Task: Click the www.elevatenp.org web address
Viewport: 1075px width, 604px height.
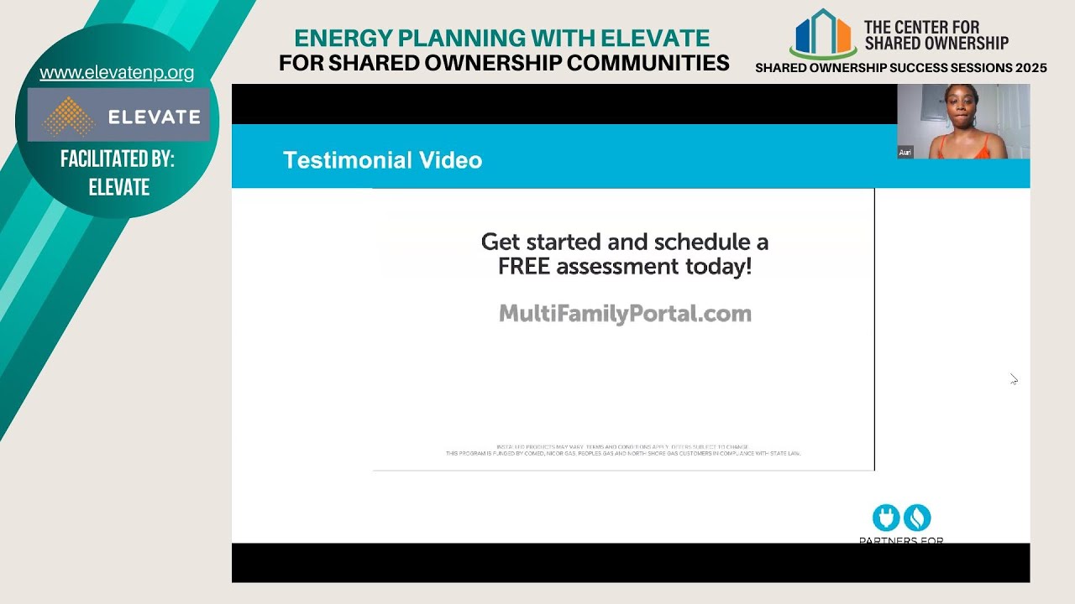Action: point(117,73)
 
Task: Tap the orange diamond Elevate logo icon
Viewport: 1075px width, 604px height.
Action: point(69,116)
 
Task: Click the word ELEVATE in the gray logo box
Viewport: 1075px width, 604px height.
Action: point(154,117)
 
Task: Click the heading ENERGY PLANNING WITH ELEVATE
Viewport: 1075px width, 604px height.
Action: point(501,39)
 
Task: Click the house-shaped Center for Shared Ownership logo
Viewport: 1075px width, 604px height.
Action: point(822,34)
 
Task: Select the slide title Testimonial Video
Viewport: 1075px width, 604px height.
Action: point(382,160)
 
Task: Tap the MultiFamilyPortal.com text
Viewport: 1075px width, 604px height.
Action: point(625,314)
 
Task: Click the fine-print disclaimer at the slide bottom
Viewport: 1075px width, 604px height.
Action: point(623,450)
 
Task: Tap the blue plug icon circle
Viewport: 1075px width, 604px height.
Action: point(885,518)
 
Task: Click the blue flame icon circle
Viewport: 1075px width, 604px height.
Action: point(917,518)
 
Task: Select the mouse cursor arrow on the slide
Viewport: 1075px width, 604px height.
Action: point(1014,379)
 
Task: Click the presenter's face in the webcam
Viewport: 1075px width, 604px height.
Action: point(957,108)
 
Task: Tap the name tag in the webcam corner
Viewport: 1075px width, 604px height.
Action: point(905,153)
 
